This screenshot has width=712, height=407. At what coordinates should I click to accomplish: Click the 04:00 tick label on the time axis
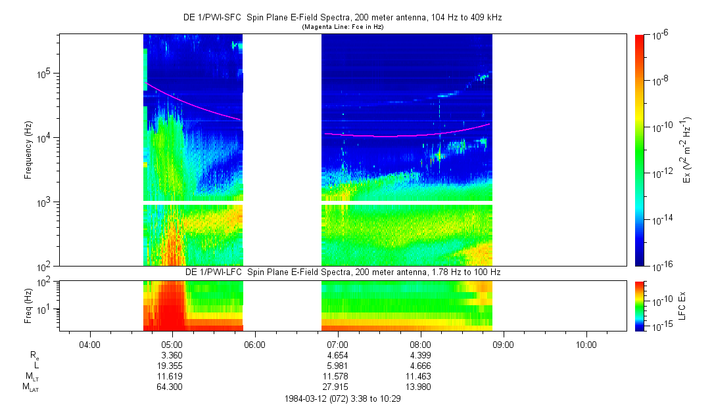coord(89,344)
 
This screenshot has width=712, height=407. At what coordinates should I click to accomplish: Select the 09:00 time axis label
coord(503,344)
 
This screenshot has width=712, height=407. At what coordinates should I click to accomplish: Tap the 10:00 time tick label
coord(586,344)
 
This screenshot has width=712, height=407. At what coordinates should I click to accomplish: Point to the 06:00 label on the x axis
coord(254,344)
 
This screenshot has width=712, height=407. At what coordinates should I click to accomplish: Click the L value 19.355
coord(172,366)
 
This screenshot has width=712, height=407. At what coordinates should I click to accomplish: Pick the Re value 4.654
coord(337,355)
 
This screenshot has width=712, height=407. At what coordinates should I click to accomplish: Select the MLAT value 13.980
coord(420,387)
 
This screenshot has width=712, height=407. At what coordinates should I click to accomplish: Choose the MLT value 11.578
coord(337,376)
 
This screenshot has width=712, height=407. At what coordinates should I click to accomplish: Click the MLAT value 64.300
coord(172,387)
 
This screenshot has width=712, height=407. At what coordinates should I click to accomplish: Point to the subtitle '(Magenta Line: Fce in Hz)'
coord(342,27)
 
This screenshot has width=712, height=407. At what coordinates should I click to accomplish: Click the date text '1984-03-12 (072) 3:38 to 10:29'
coord(343,398)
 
